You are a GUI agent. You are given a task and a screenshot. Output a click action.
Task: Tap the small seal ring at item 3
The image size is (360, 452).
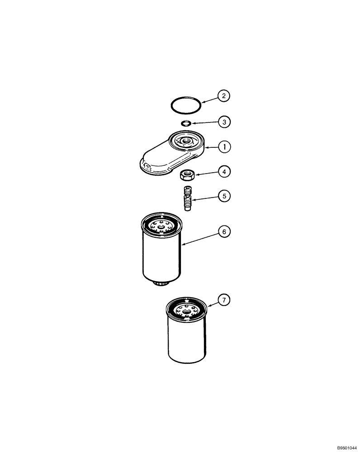click(185, 123)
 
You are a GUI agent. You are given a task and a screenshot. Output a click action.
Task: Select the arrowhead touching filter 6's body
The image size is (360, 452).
click(182, 245)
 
